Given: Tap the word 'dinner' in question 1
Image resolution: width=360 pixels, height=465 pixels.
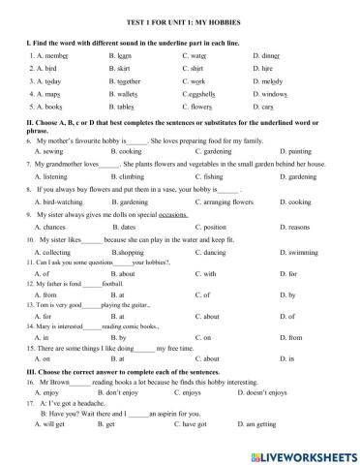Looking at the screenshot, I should tap(265, 56).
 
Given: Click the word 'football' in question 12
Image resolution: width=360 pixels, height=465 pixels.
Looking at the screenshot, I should tap(115, 284).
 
